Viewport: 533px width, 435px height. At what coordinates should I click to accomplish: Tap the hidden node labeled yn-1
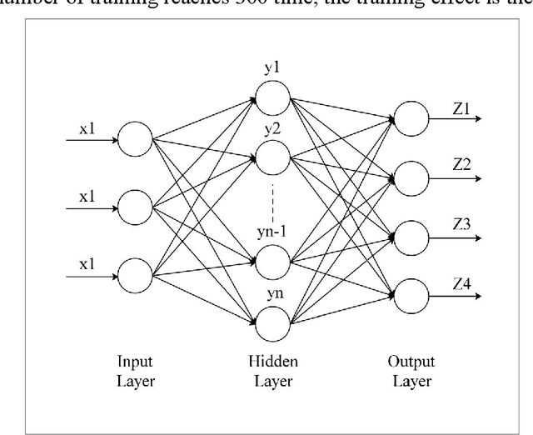click(272, 262)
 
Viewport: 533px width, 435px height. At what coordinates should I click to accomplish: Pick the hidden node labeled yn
click(272, 322)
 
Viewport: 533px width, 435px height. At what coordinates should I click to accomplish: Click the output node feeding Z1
click(411, 117)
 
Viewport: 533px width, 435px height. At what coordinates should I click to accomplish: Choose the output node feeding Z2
click(411, 176)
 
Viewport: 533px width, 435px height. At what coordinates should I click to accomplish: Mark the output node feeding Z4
click(411, 292)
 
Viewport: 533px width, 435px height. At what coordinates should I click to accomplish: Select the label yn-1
click(272, 235)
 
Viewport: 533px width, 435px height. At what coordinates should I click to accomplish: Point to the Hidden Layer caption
click(272, 372)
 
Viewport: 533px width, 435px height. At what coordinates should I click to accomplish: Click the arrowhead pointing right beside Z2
click(476, 176)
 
